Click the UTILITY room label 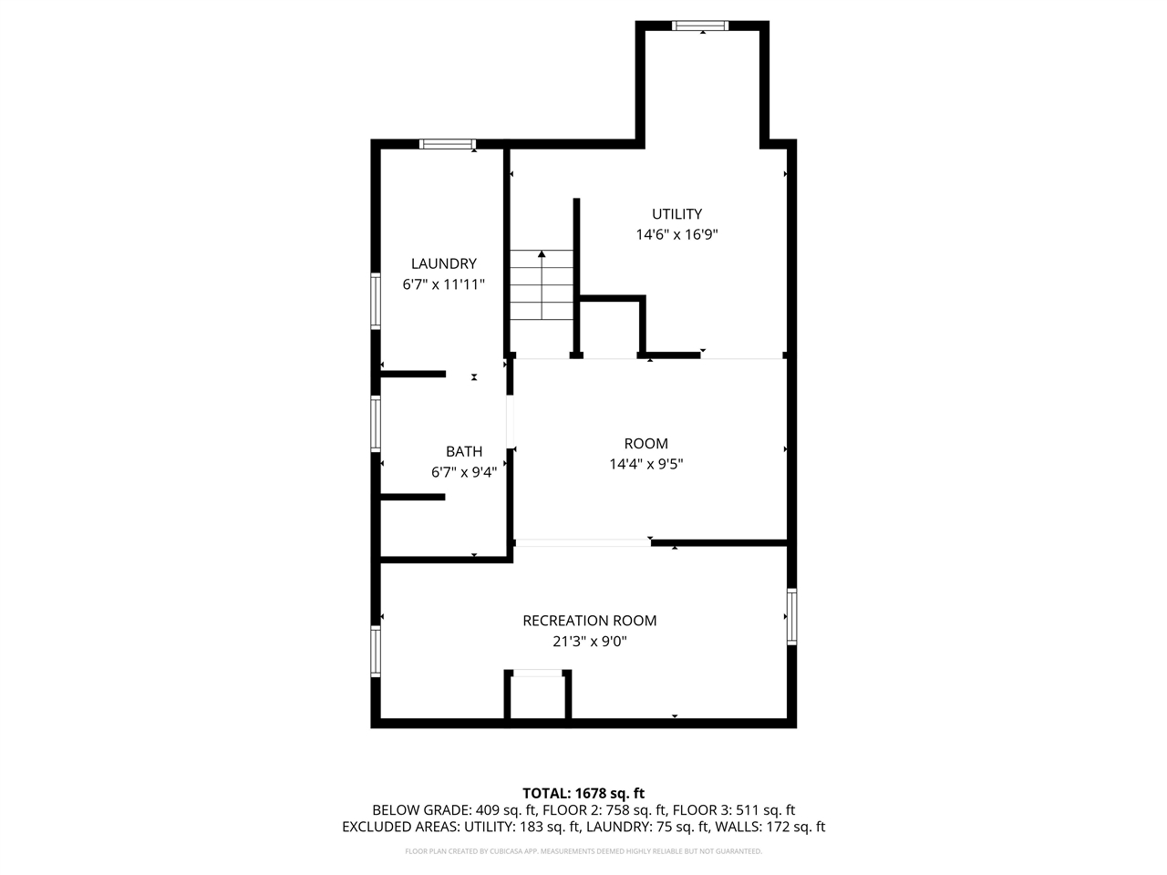tap(676, 214)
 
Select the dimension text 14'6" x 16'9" tap(676, 234)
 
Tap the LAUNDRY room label tap(443, 264)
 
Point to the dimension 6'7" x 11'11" tap(443, 284)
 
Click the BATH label tap(464, 452)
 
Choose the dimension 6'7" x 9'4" tap(463, 472)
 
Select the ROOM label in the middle tap(645, 444)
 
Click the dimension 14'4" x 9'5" tap(645, 464)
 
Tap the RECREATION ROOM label tap(589, 621)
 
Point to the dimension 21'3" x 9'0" tap(589, 642)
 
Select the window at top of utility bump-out tap(700, 26)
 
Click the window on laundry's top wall tap(448, 144)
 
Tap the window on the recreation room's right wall tap(791, 617)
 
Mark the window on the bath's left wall tap(376, 423)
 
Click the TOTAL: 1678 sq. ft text tap(583, 793)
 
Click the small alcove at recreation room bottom tap(538, 698)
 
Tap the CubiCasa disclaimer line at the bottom tap(583, 851)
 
